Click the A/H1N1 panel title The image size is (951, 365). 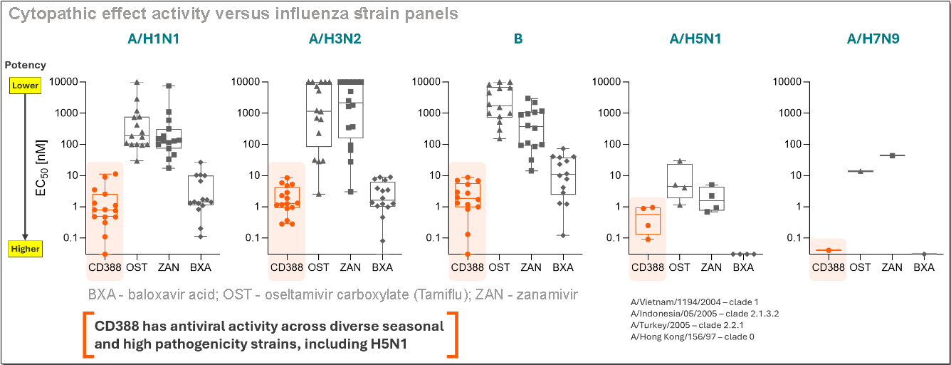[150, 39]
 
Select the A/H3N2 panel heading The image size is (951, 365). [335, 39]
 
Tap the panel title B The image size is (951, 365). [518, 39]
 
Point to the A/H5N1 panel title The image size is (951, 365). [695, 39]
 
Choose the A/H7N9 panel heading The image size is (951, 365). [873, 39]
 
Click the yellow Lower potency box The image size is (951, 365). [25, 86]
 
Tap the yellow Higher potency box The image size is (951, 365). [25, 249]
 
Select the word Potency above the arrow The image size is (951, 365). [26, 65]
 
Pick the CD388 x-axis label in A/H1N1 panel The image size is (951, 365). [105, 267]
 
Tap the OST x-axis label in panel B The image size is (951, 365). [499, 267]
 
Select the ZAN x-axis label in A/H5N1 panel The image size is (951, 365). [711, 267]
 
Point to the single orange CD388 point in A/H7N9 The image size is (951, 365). [829, 250]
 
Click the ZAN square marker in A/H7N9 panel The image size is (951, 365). [892, 155]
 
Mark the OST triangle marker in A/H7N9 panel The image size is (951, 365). [860, 171]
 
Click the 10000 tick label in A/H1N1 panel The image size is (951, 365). [69, 82]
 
